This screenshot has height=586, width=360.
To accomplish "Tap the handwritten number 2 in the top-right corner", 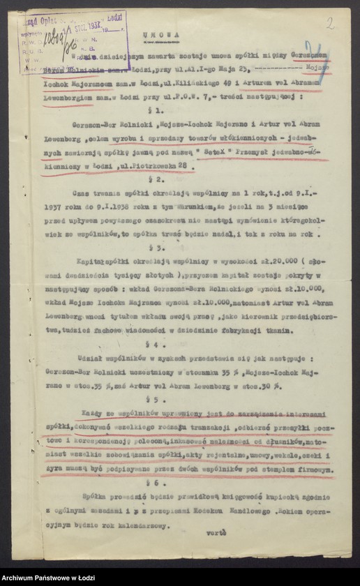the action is tap(330, 22).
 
